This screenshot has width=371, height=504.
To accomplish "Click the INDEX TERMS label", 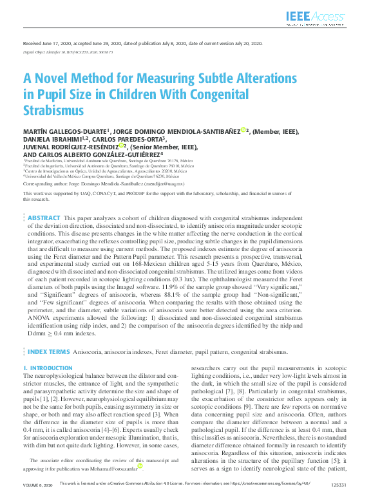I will coord(48,352).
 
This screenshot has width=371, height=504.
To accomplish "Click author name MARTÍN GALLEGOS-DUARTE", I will coord(64,130).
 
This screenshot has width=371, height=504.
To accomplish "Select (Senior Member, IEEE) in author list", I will coord(164,147).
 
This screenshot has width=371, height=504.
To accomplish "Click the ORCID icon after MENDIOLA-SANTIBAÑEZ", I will coord(243,130).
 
